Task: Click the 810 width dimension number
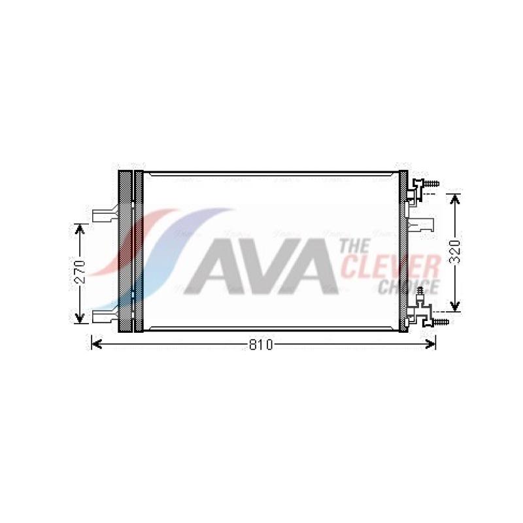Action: (261, 345)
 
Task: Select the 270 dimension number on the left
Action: (80, 272)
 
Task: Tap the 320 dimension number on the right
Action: (454, 252)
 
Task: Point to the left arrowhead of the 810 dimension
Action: (96, 345)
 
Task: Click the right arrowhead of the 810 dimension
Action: (431, 345)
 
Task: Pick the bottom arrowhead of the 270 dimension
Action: (79, 318)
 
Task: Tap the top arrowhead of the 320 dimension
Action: (454, 199)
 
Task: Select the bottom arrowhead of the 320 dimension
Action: (454, 306)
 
